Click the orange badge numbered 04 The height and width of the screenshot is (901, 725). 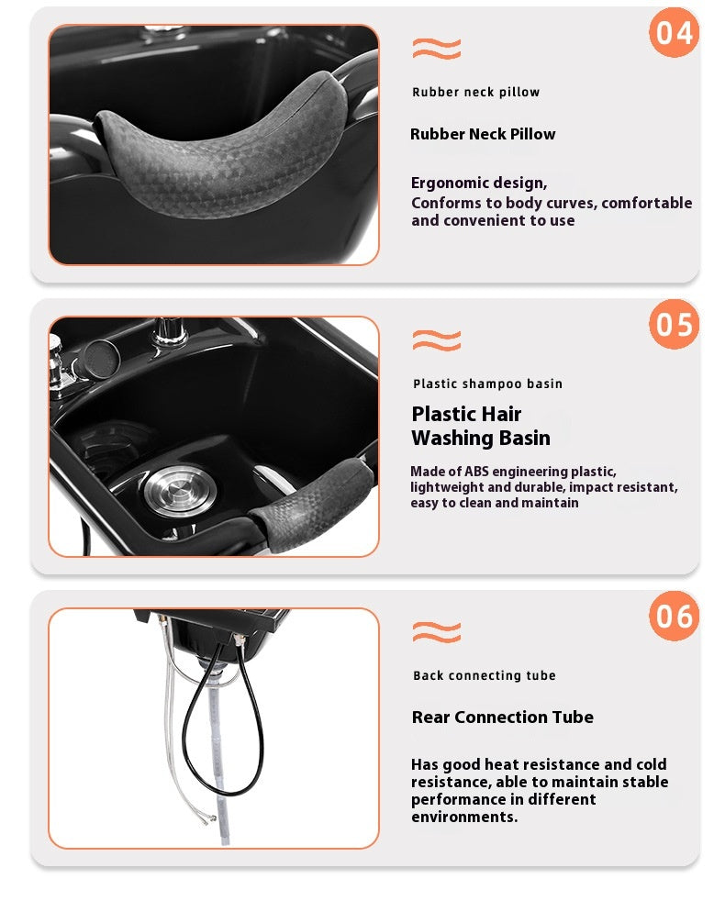(x=674, y=33)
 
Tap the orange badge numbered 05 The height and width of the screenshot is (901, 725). (x=674, y=324)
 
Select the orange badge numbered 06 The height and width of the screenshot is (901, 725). (x=674, y=616)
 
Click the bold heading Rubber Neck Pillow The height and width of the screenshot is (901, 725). (x=483, y=134)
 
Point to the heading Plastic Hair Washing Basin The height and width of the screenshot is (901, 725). (x=481, y=426)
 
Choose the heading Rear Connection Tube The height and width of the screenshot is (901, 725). (x=503, y=717)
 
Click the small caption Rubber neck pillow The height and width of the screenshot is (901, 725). (x=476, y=92)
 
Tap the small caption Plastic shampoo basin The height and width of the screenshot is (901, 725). (x=487, y=384)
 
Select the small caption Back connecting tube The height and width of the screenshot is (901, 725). (x=485, y=675)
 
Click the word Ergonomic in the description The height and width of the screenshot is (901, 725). (x=449, y=184)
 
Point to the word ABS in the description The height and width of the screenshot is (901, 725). (x=476, y=472)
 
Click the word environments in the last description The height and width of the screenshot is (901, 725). (x=464, y=817)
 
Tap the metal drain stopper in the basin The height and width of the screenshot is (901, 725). (x=180, y=490)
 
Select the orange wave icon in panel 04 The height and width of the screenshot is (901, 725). (x=437, y=49)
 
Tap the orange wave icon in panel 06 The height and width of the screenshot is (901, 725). (x=437, y=632)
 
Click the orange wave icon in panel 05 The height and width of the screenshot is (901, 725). (x=437, y=340)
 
